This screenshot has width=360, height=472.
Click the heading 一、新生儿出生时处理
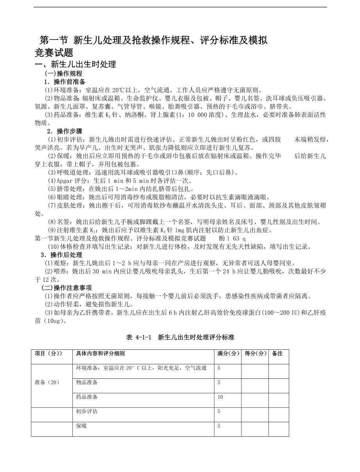pyautogui.click(x=76, y=65)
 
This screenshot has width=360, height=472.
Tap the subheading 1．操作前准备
pyautogui.click(x=65, y=82)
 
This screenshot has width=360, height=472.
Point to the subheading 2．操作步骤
pyautogui.click(x=65, y=131)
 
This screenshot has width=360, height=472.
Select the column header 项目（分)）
pyautogui.click(x=49, y=353)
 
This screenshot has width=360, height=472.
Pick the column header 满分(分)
pyautogui.click(x=228, y=353)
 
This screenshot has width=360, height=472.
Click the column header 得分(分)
pyautogui.click(x=255, y=353)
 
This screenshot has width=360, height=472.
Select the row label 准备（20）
pyautogui.click(x=47, y=382)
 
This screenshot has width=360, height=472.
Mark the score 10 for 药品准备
pyautogui.click(x=220, y=397)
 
